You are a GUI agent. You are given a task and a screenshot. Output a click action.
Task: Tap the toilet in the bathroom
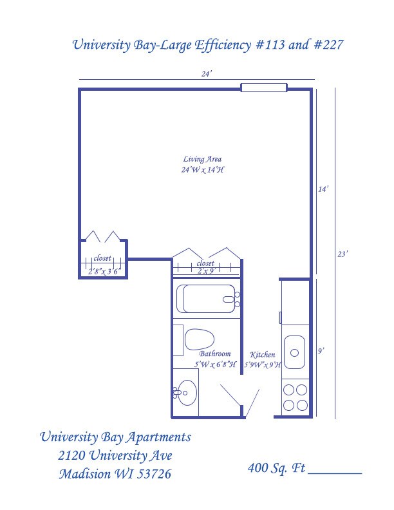pos(199,339)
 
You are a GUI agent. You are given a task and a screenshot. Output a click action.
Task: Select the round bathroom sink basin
pos(187,393)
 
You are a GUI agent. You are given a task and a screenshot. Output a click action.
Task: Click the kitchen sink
pos(295,352)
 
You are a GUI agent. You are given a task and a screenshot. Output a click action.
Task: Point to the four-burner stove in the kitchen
pos(295,397)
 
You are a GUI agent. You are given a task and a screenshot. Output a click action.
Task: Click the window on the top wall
pos(263,88)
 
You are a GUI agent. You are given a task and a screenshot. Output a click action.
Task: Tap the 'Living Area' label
pos(202,159)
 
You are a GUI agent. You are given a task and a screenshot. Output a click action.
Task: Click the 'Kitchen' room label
pos(263,355)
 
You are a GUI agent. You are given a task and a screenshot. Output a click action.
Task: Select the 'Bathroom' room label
pos(214,354)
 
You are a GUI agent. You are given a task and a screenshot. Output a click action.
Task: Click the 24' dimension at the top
pos(206,74)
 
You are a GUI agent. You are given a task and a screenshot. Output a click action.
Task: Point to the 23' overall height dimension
pos(343,254)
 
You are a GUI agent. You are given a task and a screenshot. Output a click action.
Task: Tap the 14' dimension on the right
pos(323,189)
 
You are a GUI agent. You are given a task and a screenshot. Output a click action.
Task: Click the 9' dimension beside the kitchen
pos(321,351)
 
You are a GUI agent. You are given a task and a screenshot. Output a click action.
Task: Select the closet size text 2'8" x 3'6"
pos(104,272)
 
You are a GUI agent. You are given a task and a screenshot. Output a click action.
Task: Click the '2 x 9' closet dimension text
pos(205,271)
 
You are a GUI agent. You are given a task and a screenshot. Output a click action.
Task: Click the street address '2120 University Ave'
pos(115,456)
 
